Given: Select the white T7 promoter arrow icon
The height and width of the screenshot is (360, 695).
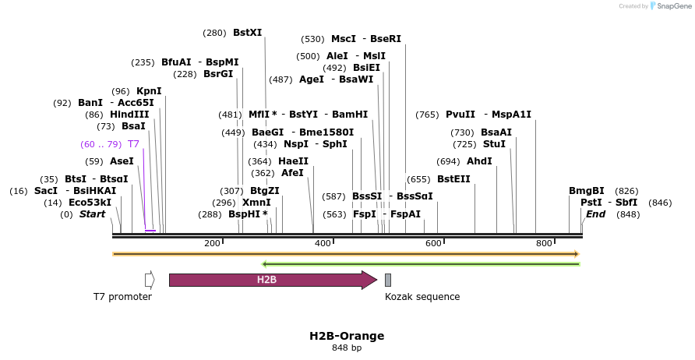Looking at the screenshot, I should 150,280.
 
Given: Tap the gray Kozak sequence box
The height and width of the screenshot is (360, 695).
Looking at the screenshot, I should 388,280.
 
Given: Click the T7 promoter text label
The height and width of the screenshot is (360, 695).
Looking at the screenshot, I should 122,297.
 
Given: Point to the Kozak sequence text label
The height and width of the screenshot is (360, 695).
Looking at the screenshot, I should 422,297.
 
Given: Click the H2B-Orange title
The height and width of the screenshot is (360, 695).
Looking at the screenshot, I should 347,336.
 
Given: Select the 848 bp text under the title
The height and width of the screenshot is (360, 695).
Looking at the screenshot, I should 347,348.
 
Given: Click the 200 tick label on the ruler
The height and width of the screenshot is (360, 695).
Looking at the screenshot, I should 212,245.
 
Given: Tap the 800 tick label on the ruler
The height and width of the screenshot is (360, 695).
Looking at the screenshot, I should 544,245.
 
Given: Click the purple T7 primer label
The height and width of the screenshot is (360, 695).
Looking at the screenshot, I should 133,144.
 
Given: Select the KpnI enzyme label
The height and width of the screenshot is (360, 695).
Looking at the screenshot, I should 149,91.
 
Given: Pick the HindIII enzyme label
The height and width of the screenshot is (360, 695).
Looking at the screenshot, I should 129,115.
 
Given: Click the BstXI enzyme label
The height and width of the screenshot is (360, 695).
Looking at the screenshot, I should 247,33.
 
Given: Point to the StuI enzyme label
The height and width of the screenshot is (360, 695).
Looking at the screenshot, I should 494,144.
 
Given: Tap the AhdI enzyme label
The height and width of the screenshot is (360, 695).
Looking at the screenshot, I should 479,161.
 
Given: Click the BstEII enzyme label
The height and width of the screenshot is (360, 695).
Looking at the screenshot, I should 453,179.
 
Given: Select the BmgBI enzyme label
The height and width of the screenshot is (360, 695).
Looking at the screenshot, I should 586,191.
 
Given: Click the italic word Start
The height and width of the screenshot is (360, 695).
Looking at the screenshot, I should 92,214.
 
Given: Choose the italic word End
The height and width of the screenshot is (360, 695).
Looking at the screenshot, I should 595,214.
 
